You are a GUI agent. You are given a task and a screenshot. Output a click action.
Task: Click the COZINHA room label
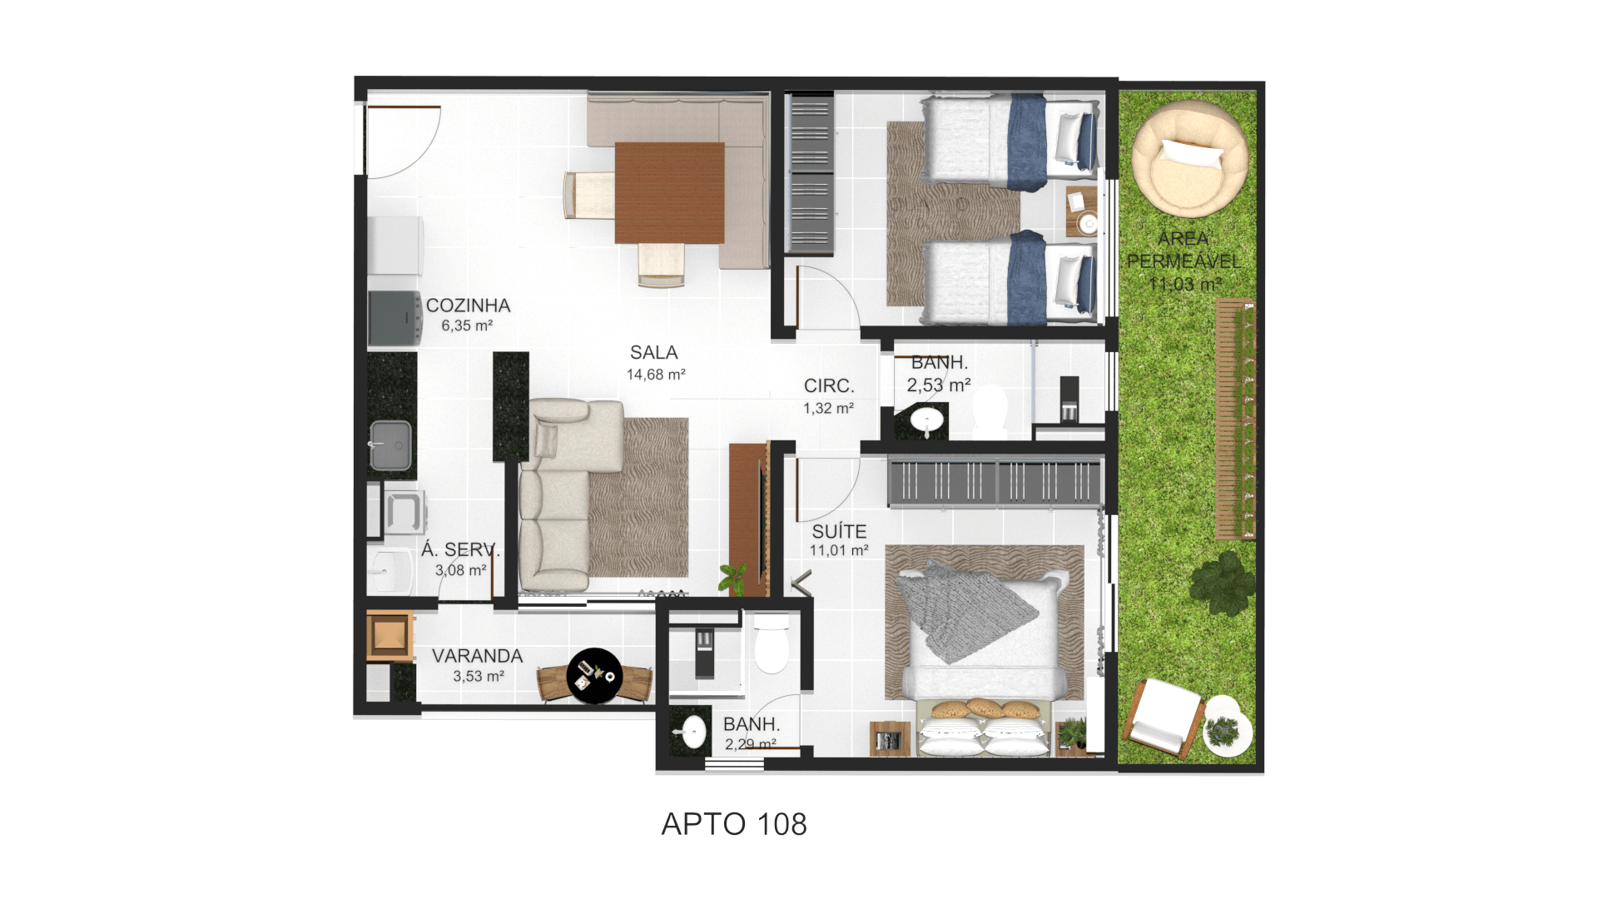click(468, 305)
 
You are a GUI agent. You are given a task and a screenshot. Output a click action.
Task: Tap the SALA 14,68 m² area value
click(656, 375)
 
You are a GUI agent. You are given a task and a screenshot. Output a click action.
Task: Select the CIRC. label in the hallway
click(829, 386)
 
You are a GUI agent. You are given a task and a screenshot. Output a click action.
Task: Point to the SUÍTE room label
click(839, 531)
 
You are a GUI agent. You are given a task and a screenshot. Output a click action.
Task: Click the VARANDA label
click(477, 656)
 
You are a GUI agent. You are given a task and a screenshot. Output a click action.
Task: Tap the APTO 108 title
click(734, 824)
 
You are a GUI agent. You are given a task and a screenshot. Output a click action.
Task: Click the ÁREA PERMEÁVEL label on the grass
click(1183, 250)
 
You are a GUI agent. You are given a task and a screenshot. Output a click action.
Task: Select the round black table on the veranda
click(594, 676)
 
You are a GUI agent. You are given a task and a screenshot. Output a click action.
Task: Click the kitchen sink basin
click(390, 445)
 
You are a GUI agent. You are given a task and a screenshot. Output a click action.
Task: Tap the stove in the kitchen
click(395, 317)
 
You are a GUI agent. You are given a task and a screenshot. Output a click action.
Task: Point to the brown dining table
click(669, 192)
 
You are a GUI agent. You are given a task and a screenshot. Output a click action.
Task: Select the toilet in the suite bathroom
click(772, 643)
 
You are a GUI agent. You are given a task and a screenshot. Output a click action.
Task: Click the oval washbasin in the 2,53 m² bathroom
click(927, 419)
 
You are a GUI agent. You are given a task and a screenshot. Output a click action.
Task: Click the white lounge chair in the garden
click(1163, 716)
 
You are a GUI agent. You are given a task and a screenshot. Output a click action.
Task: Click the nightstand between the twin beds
click(1082, 211)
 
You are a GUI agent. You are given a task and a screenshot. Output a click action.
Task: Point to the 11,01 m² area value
click(839, 550)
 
